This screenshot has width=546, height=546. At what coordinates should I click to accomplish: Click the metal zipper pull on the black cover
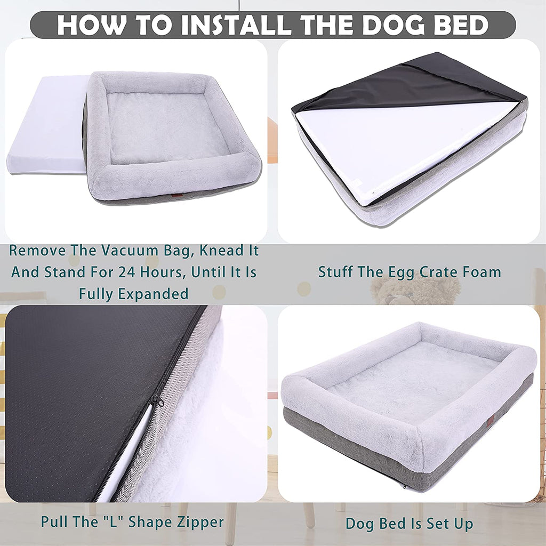pyautogui.click(x=157, y=401)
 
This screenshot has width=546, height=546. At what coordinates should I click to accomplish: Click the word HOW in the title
pyautogui.click(x=85, y=25)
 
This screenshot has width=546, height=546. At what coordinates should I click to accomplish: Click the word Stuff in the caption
pyautogui.click(x=338, y=272)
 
